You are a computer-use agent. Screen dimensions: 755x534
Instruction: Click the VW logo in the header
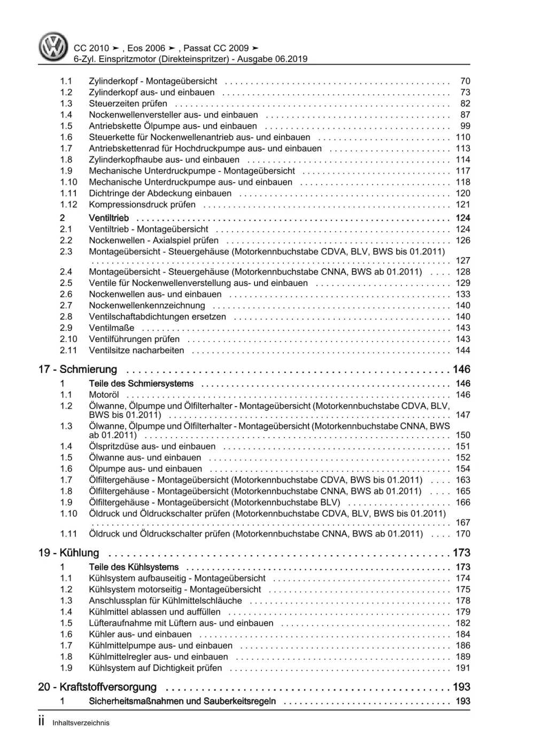tap(53, 46)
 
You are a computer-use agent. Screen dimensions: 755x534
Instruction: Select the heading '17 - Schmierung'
tap(78, 369)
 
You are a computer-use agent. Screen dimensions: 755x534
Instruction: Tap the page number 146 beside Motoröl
tap(462, 395)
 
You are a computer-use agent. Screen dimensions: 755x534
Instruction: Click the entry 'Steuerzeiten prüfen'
tap(128, 104)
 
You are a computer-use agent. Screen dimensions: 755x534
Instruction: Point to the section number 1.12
tap(68, 205)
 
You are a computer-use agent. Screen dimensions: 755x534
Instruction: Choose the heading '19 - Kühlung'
tap(69, 553)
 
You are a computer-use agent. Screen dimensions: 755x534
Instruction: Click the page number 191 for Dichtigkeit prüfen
tap(462, 668)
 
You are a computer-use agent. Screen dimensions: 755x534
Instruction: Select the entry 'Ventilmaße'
tap(112, 328)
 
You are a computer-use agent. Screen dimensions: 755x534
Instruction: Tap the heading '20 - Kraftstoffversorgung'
tap(98, 687)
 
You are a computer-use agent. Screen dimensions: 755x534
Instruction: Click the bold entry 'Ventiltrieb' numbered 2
tap(109, 218)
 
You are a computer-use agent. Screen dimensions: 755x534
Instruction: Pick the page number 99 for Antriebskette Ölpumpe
tap(465, 126)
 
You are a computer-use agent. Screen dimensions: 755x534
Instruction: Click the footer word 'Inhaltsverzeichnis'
tap(81, 723)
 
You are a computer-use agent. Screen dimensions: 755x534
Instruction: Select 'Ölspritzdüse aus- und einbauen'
tap(152, 446)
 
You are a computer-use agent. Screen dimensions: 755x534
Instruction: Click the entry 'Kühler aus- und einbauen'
tap(140, 634)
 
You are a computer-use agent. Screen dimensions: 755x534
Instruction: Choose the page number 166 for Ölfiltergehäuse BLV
tap(462, 502)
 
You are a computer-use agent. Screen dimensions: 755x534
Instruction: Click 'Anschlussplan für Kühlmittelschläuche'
tap(166, 601)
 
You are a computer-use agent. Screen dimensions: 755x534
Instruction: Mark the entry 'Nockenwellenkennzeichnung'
tap(147, 306)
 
